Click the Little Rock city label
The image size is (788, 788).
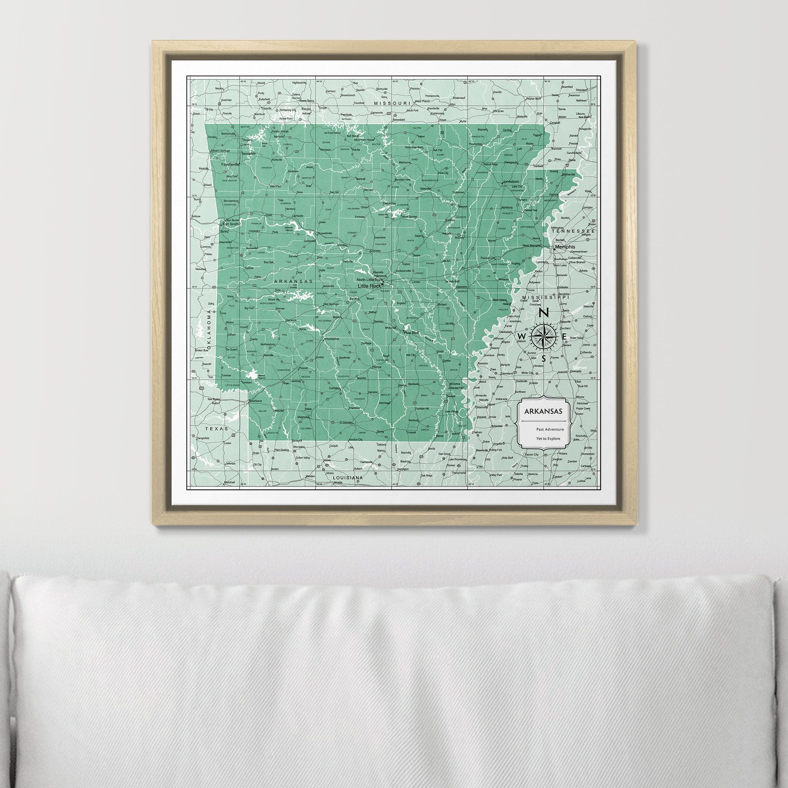point(369,286)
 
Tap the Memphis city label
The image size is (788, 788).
point(564,247)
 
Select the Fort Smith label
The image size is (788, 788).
point(231,224)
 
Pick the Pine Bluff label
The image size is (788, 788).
point(411,332)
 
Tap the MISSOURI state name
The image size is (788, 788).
point(392,104)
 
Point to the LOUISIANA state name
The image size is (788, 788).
point(347,477)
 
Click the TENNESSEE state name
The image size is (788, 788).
point(574,231)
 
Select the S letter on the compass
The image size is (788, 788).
point(544,359)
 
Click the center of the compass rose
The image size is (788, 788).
point(544,336)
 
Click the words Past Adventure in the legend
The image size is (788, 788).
point(550,429)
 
